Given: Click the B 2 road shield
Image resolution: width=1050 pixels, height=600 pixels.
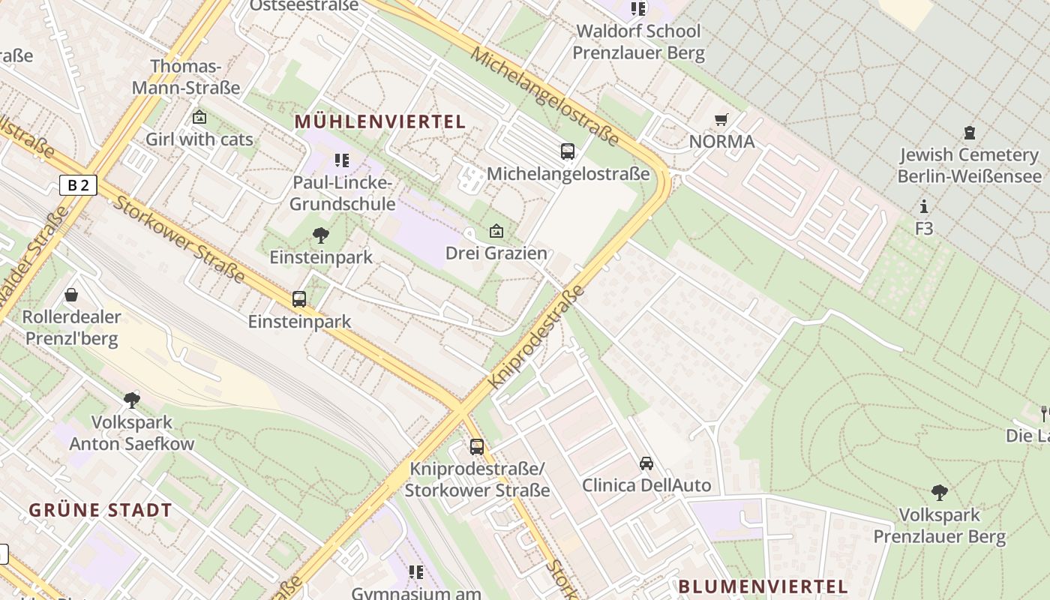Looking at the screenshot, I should point(78,184).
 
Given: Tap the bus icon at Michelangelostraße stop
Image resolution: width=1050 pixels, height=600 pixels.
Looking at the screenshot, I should point(568,151).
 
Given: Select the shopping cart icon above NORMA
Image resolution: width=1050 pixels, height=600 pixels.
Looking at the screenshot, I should point(721,119).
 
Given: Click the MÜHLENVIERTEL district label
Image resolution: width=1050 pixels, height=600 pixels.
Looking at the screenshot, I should point(380,121).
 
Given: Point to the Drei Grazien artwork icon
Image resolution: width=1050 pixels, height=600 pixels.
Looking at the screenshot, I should point(496,231).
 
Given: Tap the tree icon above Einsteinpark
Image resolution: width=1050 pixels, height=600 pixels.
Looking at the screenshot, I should point(321,235).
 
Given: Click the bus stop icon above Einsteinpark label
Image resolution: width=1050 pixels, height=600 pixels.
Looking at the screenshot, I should point(299,299).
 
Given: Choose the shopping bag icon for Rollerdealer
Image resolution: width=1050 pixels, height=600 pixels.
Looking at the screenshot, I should point(71,295).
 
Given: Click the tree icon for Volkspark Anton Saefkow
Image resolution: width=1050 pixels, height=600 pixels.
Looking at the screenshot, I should point(132,400).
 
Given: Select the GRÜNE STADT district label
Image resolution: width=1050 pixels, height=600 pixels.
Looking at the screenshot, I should point(100,511).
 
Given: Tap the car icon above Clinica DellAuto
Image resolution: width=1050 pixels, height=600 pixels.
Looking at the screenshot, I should point(646,463).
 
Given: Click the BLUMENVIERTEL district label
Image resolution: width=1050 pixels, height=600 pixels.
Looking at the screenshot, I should point(763,586).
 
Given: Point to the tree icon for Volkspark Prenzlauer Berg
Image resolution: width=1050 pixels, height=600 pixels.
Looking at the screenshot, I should point(939,493).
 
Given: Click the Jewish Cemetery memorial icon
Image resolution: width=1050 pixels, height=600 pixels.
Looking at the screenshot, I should point(970,133).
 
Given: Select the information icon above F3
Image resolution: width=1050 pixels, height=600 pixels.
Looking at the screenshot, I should point(924,206).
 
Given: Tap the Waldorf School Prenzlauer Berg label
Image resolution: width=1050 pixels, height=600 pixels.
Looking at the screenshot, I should point(638,42).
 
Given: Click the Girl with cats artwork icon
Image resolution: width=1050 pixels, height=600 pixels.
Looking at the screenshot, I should point(199,117).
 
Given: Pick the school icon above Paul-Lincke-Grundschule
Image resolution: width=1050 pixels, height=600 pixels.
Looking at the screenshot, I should point(342,160).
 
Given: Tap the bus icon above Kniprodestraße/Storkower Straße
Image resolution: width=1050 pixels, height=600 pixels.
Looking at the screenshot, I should point(477,447).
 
